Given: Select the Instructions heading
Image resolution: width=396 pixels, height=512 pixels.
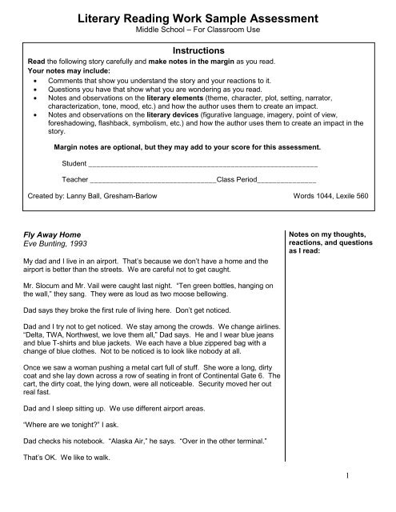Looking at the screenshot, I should [x=197, y=49].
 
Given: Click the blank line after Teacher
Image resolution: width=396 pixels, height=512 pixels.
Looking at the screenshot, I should [x=152, y=181].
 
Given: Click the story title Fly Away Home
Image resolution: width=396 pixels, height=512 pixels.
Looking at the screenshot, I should [x=49, y=235].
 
